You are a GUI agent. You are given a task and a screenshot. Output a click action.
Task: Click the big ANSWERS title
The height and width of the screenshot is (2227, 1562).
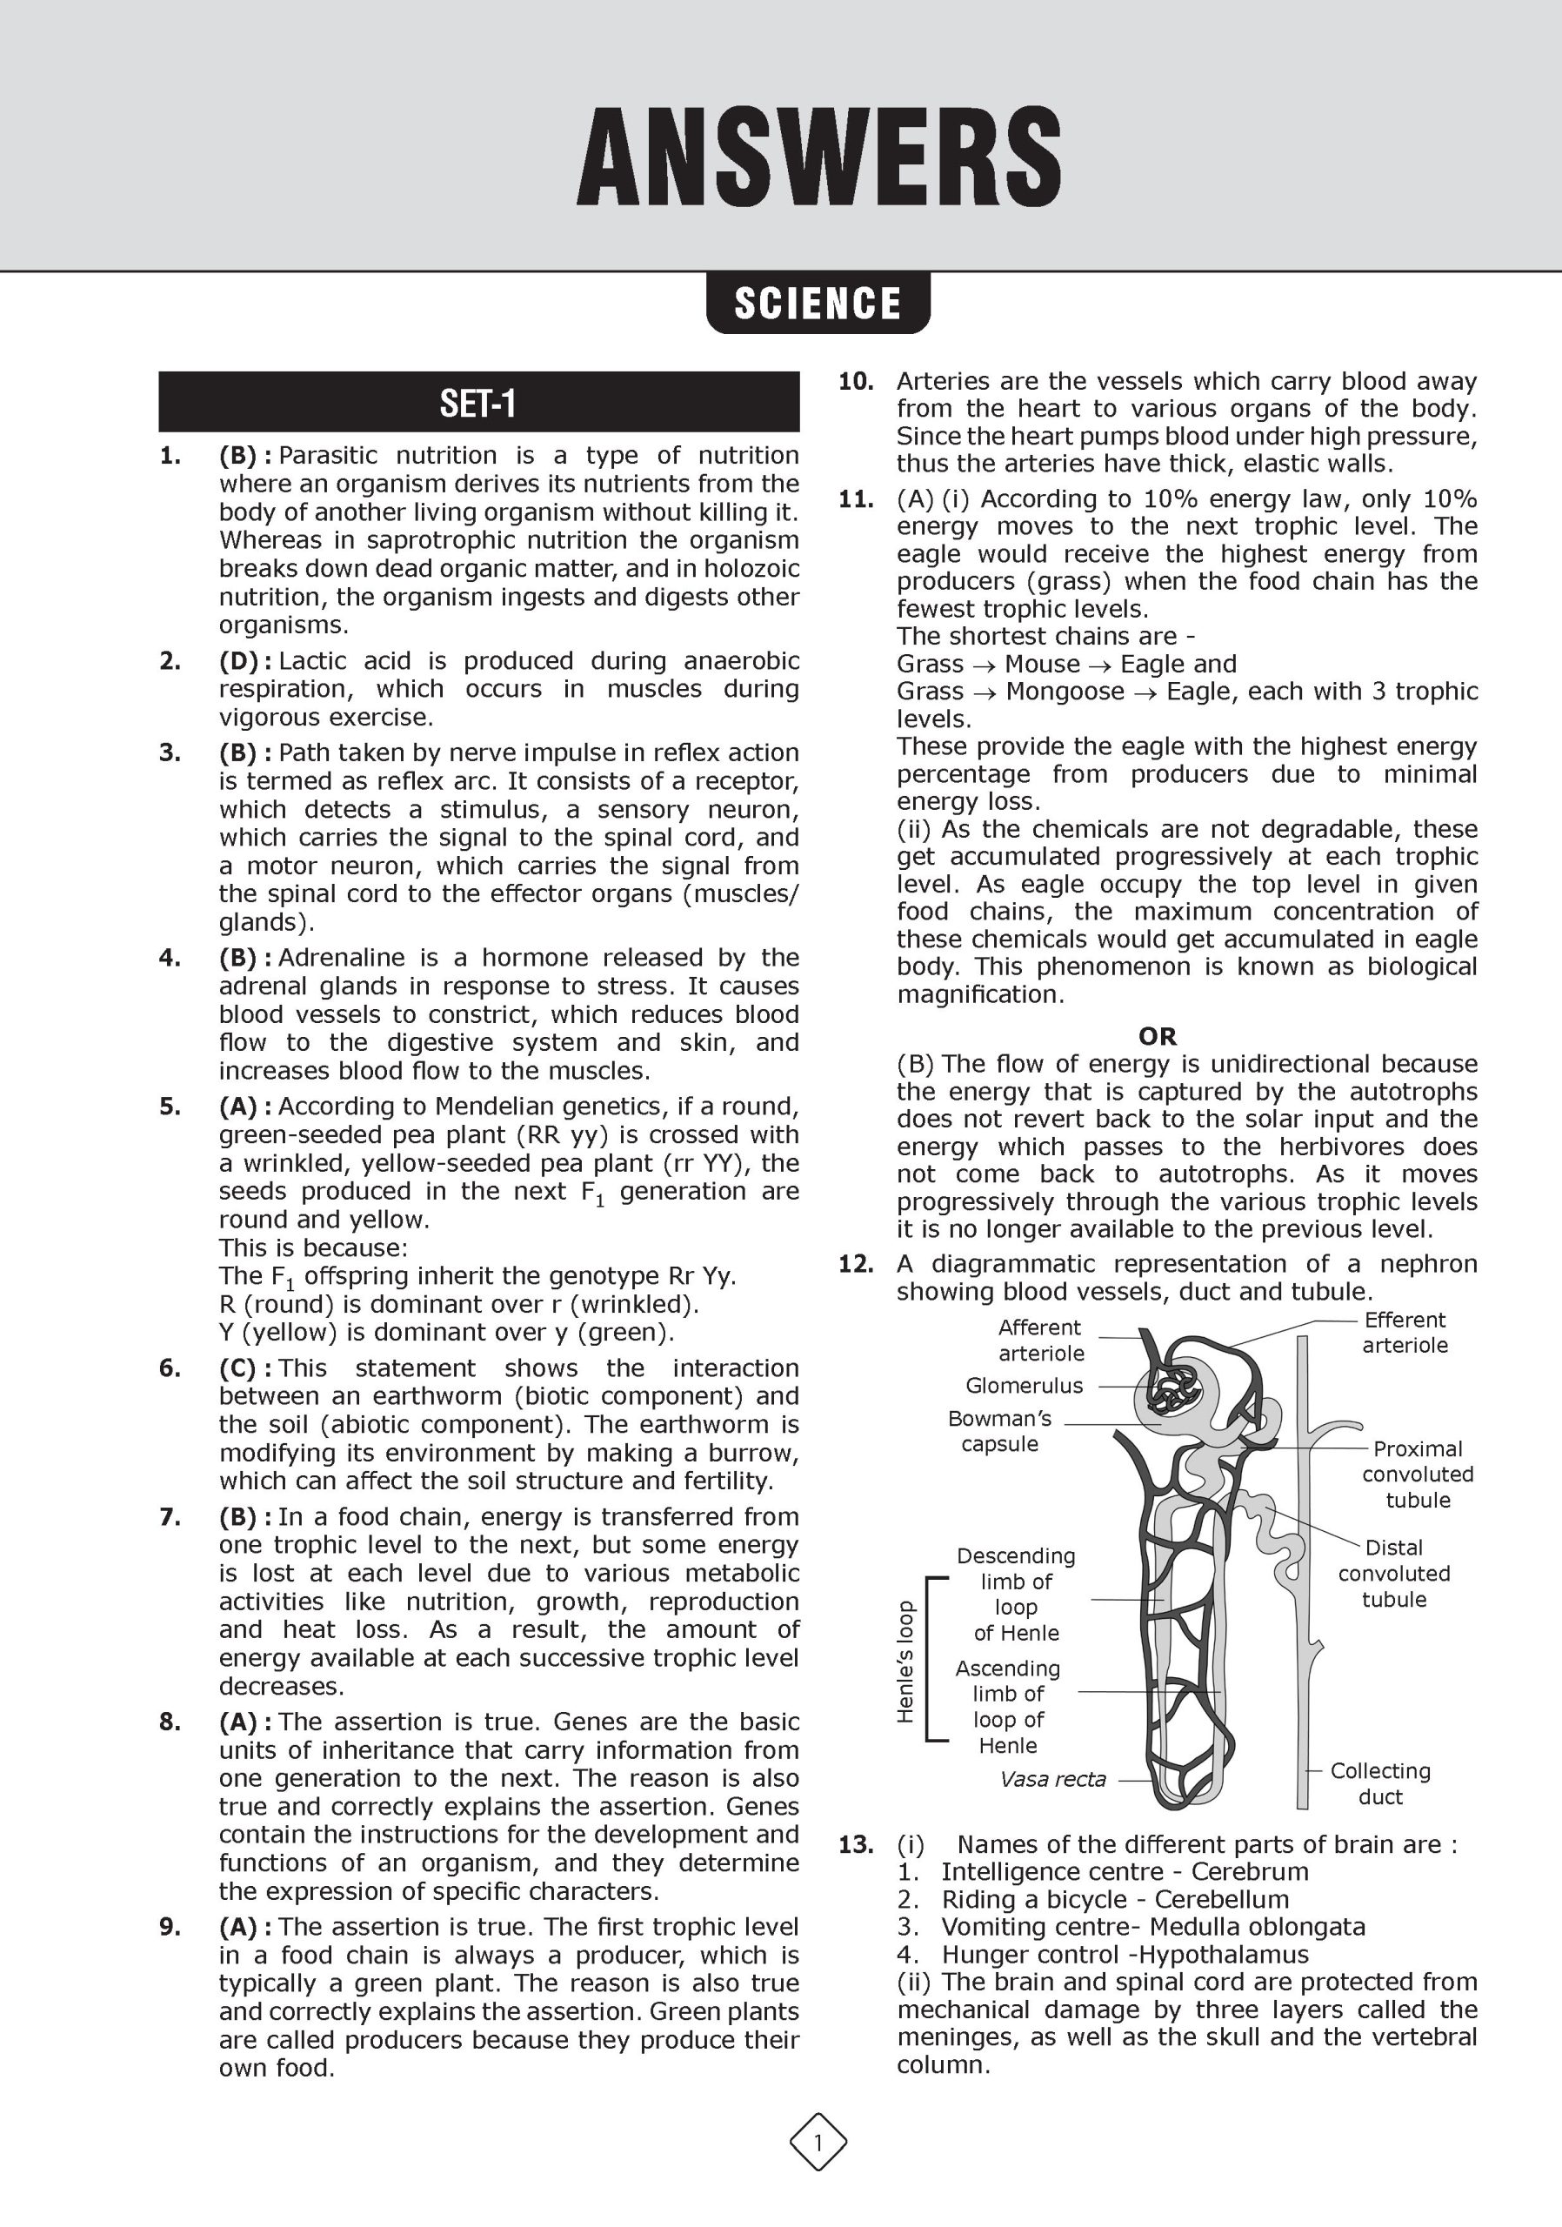point(818,157)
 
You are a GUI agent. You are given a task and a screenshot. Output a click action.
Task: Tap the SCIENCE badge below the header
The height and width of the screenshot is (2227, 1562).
point(818,304)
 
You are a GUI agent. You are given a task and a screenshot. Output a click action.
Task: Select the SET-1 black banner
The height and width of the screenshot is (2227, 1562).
point(478,403)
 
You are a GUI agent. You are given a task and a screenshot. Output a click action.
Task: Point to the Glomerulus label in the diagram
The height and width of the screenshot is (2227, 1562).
point(1024,1385)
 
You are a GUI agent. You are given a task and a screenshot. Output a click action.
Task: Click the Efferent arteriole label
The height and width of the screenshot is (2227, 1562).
point(1404,1333)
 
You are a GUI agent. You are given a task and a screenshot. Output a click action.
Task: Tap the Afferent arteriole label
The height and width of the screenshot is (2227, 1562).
point(1040,1340)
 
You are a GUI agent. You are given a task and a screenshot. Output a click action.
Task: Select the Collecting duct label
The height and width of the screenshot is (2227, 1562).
point(1379,1783)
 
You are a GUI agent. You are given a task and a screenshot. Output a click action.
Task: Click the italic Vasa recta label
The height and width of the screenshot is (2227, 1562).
point(1053,1779)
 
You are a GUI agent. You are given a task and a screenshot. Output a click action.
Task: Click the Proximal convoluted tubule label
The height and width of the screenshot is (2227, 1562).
point(1418,1475)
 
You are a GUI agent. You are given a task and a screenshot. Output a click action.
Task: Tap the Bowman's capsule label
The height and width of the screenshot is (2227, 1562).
point(999,1431)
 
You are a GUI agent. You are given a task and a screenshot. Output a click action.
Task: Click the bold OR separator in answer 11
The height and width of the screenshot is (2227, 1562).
point(1158,1036)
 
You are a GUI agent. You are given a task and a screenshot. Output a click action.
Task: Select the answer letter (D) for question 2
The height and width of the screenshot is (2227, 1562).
point(238,661)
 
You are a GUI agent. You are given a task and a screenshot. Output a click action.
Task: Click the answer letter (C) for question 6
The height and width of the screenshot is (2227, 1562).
point(238,1368)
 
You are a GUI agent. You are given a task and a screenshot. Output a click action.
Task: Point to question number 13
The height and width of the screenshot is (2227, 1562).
point(856,1845)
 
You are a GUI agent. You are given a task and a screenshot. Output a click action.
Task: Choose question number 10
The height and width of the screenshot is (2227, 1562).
point(856,382)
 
